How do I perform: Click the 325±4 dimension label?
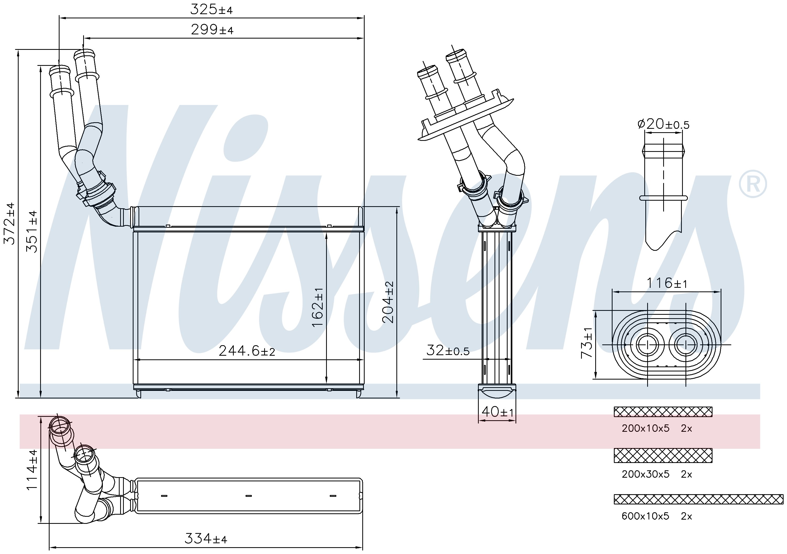[x=211, y=10]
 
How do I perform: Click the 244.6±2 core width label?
[x=247, y=351]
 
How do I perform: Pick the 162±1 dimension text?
[x=318, y=307]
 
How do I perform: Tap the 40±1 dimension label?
[x=497, y=411]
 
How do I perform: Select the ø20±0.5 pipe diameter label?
[x=663, y=124]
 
